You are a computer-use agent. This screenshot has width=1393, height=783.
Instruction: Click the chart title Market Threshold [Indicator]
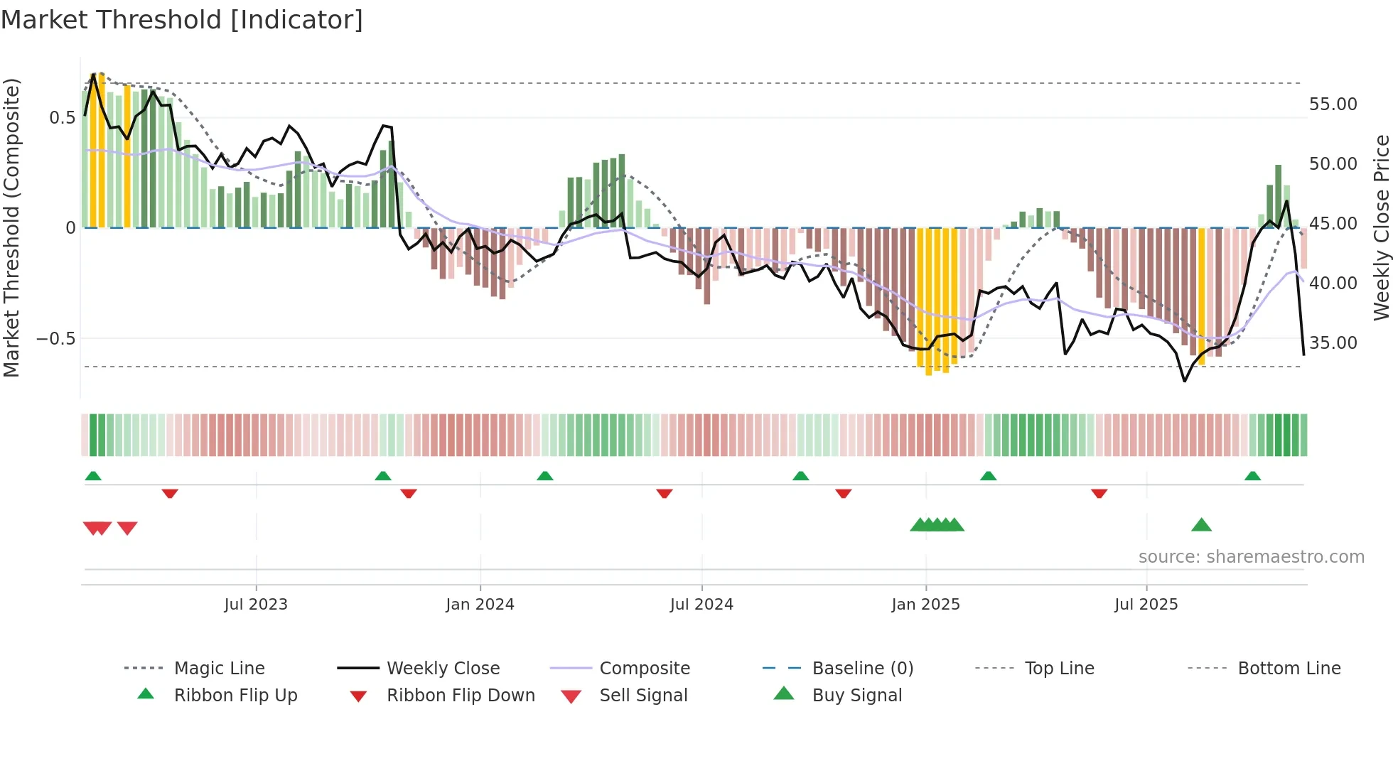(182, 20)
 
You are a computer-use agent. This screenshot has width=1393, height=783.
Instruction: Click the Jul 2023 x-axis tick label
(256, 605)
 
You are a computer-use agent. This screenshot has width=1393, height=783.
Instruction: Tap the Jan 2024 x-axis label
(480, 605)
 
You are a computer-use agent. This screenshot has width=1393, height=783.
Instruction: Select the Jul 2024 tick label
(701, 605)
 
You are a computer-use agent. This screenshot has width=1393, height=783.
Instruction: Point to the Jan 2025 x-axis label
(925, 605)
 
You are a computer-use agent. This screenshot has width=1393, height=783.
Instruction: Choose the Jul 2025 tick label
(1146, 605)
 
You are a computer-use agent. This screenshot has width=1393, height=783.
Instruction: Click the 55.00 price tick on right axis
(1333, 104)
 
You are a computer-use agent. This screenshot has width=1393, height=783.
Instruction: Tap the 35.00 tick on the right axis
(1333, 343)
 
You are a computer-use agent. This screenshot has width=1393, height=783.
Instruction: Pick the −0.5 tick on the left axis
(56, 339)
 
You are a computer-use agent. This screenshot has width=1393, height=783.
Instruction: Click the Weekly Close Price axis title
(1381, 227)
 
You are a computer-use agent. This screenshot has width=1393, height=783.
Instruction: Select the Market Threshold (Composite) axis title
(11, 227)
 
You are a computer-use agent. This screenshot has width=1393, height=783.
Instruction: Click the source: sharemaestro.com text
(1251, 557)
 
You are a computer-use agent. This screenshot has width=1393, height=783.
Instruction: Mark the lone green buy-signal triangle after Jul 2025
(1201, 525)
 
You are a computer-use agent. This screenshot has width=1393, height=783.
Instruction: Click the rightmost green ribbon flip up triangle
(1252, 476)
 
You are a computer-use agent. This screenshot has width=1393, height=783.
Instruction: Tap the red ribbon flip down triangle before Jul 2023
(169, 493)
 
